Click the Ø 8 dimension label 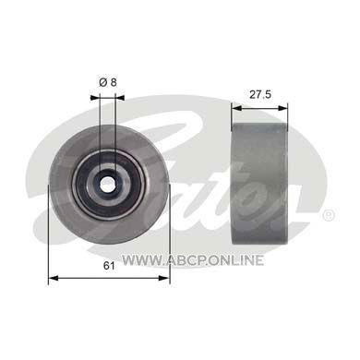pos(108,82)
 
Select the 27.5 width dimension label pos(260,94)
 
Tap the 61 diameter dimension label pos(109,266)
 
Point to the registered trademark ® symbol pos(328,215)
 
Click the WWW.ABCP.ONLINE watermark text pos(193,260)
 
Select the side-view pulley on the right pos(259,184)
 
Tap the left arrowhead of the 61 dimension pos(54,278)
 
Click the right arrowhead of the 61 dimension pos(164,278)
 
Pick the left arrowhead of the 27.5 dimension pos(236,108)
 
